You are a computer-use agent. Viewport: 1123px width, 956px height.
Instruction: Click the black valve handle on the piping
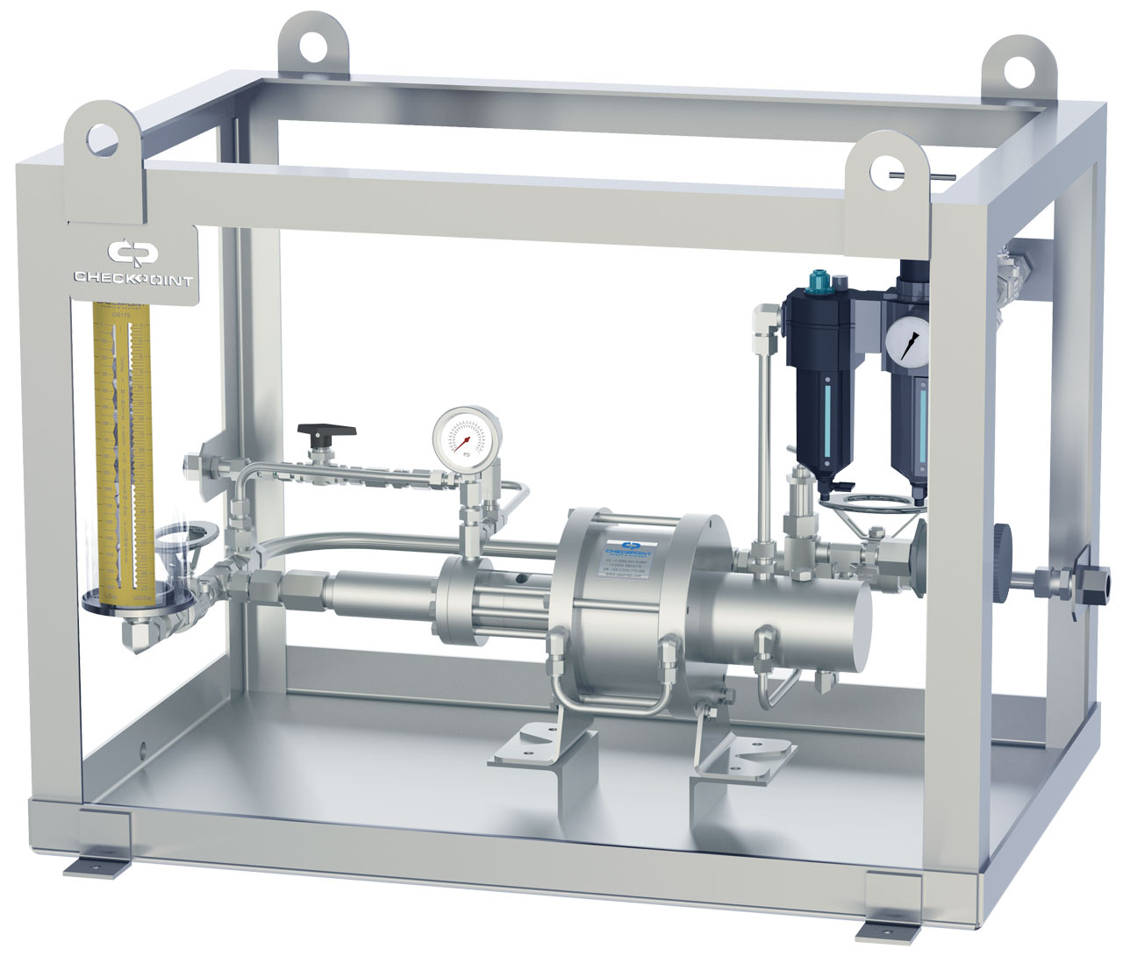326,431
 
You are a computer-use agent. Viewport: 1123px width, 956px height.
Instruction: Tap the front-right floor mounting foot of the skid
894,917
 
